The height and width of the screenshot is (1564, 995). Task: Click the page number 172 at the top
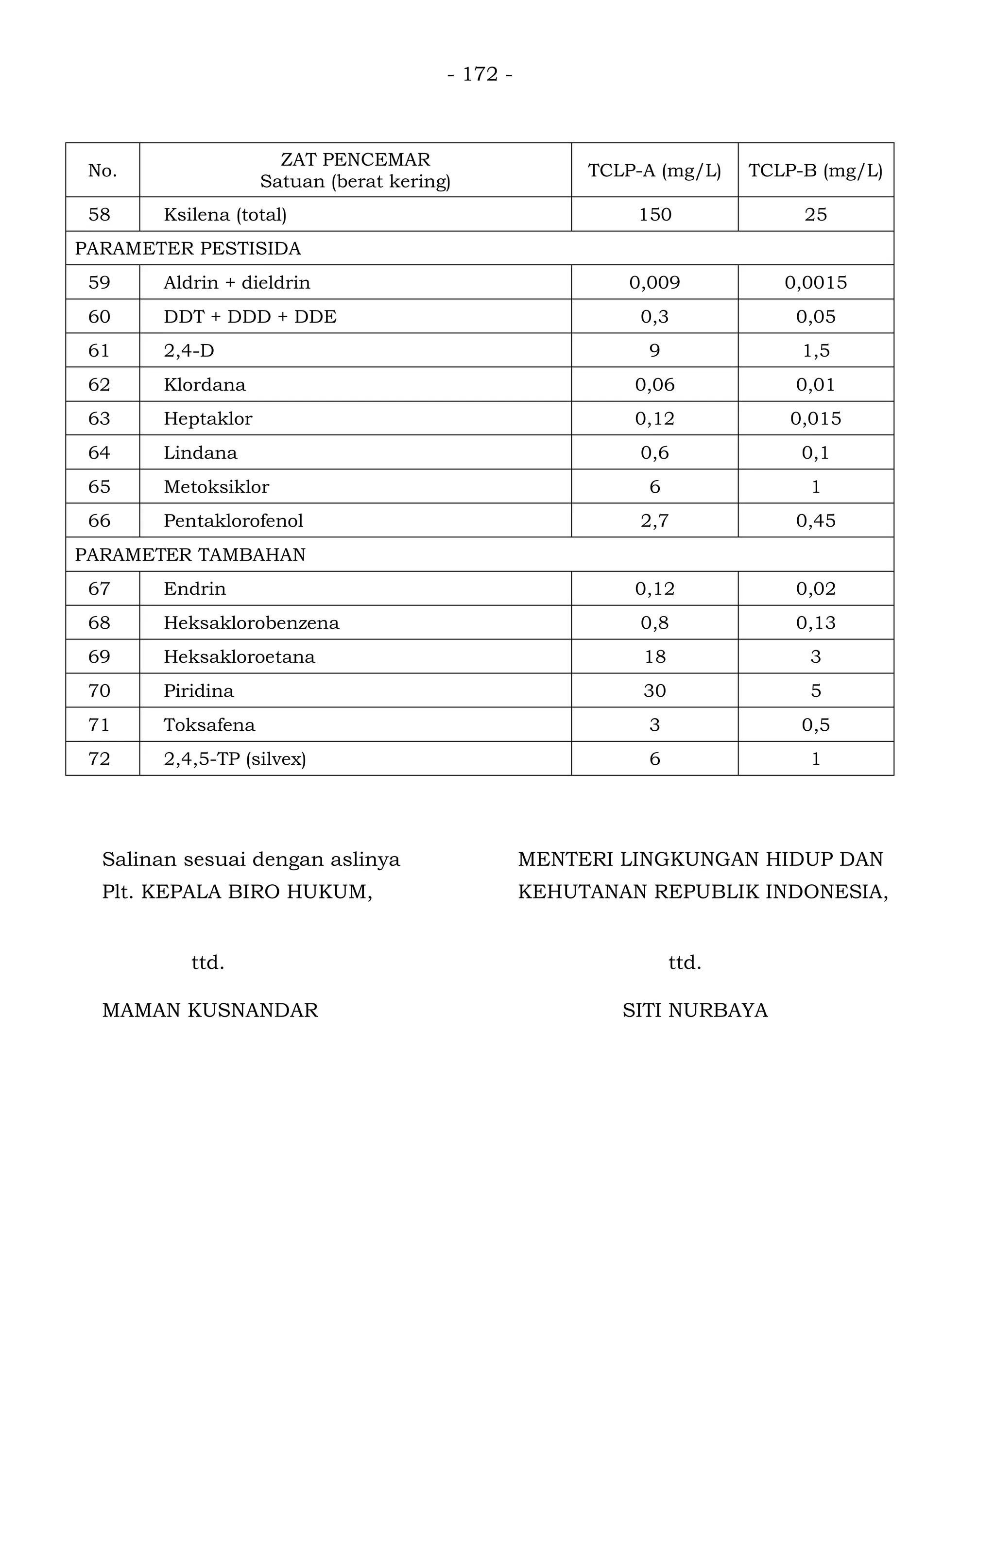[480, 75]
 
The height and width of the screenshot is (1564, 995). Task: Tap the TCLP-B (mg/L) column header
[815, 171]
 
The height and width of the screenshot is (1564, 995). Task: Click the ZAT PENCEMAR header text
[355, 160]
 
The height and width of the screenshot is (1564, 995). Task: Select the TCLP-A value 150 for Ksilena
[655, 215]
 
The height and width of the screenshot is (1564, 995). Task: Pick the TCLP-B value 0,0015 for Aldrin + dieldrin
[816, 283]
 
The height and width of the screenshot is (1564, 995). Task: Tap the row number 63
[100, 419]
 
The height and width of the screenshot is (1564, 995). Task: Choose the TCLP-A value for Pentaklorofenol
[655, 521]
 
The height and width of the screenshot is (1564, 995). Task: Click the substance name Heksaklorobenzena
[251, 623]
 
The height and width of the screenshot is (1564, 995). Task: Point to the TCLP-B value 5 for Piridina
[816, 691]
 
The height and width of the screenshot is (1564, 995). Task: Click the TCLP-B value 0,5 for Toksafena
[816, 725]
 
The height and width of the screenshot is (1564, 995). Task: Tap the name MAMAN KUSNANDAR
[210, 1011]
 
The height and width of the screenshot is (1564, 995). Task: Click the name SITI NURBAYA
[695, 1011]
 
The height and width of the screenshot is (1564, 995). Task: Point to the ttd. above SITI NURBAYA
[685, 962]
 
